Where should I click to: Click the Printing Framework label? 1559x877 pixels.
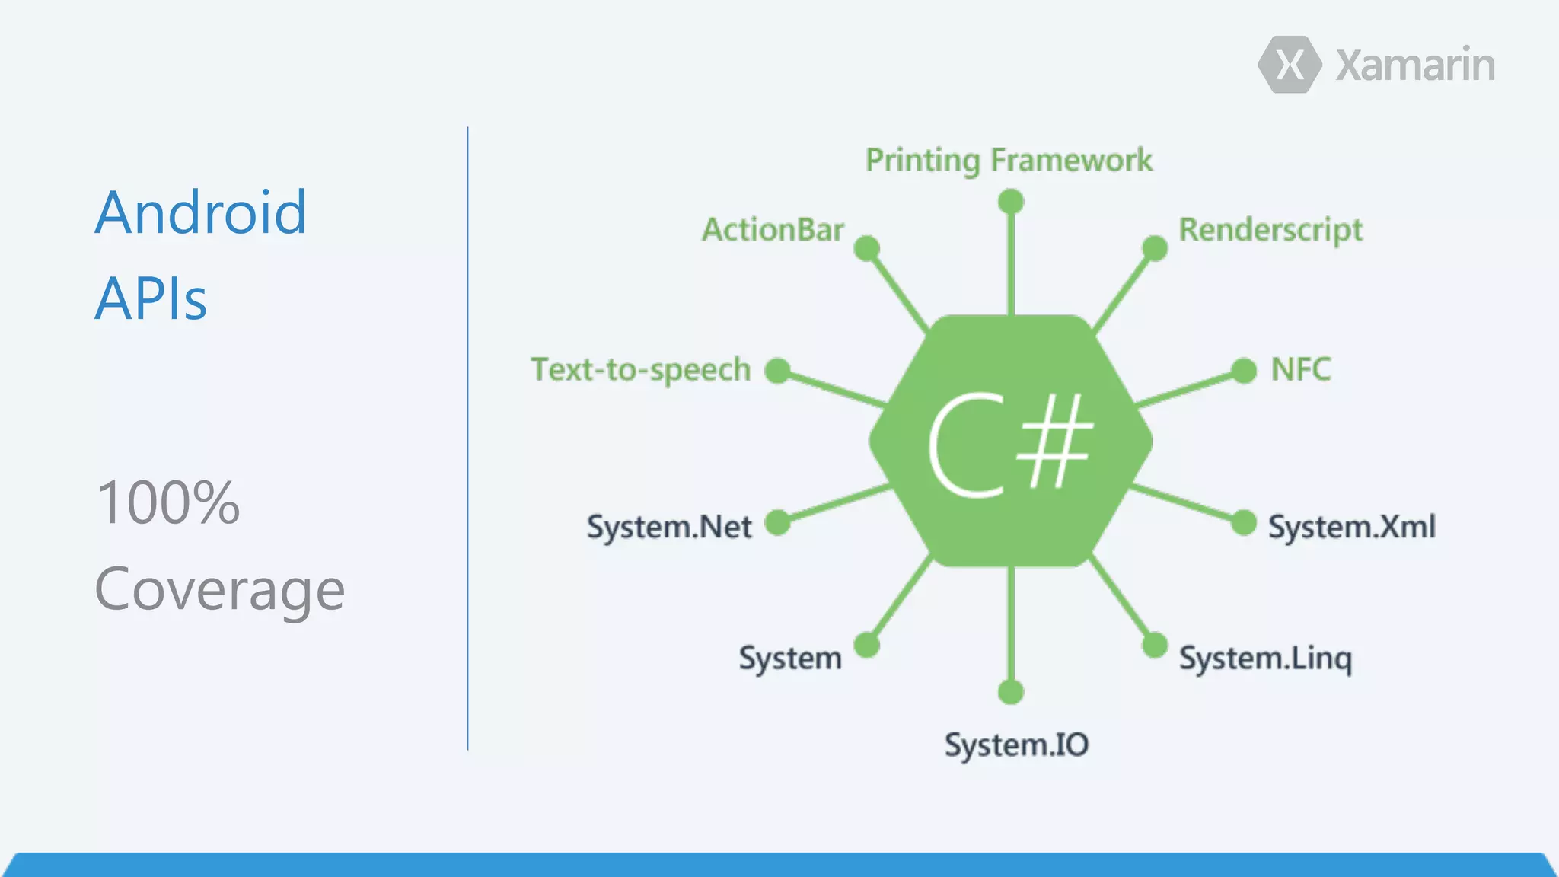(x=1009, y=161)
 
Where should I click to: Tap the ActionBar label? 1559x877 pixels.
(x=773, y=230)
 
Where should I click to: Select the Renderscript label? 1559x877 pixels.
(x=1270, y=230)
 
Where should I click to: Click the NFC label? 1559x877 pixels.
(x=1301, y=370)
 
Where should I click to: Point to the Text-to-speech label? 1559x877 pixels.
(x=641, y=370)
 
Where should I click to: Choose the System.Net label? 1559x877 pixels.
(x=669, y=527)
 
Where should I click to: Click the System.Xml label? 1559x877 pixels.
(x=1352, y=527)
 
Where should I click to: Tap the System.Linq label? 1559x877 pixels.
(x=1266, y=659)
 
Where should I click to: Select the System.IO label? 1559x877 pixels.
(x=1017, y=745)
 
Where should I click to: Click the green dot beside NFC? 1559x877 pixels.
(x=1244, y=371)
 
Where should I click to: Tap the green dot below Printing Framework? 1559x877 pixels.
(x=1011, y=202)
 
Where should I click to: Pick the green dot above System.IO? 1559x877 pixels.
(x=1011, y=692)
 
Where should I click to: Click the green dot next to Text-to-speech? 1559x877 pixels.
(x=777, y=371)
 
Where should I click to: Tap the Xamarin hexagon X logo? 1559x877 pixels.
(x=1290, y=65)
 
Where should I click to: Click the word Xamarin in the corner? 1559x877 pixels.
(x=1415, y=65)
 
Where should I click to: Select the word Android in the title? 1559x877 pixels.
(x=201, y=213)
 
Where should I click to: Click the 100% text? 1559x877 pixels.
(x=168, y=503)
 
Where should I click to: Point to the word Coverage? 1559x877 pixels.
(x=220, y=590)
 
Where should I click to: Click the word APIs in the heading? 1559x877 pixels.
(x=151, y=299)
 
